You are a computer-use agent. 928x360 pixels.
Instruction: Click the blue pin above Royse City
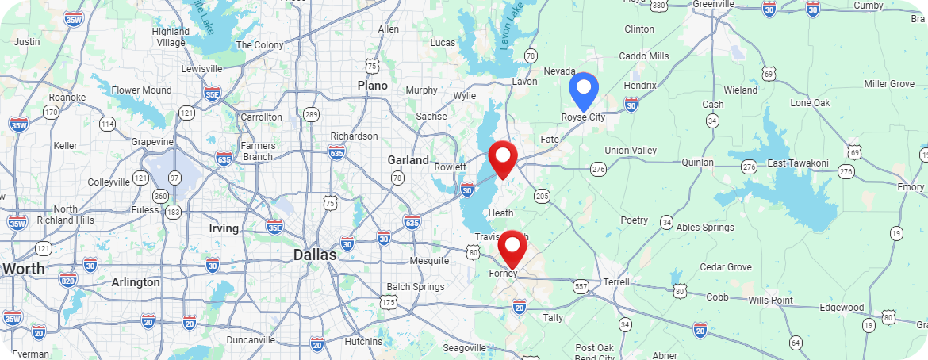(583, 89)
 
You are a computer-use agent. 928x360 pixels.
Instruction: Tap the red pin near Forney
(512, 247)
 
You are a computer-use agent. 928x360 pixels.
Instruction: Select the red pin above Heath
(502, 159)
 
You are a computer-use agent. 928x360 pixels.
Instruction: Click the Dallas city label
(315, 255)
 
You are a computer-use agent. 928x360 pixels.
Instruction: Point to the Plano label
(372, 86)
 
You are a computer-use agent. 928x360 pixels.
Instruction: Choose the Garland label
(408, 160)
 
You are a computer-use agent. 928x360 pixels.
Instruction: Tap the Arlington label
(136, 282)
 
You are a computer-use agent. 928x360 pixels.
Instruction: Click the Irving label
(223, 228)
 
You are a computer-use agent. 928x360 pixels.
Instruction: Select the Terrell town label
(616, 282)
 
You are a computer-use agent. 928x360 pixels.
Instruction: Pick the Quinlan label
(698, 163)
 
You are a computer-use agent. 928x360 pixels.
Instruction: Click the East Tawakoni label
(797, 163)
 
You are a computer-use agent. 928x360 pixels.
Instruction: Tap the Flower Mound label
(141, 90)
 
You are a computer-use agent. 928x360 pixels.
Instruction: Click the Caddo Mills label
(643, 56)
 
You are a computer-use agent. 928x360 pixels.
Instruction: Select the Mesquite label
(429, 261)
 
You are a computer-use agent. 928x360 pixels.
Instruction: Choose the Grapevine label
(152, 142)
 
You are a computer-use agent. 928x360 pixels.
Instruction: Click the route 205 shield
(543, 195)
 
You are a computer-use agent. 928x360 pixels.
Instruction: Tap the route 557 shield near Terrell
(581, 286)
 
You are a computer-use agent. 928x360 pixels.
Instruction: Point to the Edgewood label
(842, 308)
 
